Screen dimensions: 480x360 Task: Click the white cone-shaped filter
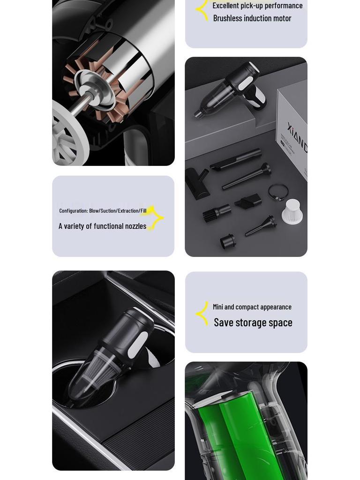click(292, 212)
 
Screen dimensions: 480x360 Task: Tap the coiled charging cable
click(278, 192)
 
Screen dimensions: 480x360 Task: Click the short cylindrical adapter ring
click(228, 241)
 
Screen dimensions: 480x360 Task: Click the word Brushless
click(228, 18)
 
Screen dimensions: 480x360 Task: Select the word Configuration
click(73, 211)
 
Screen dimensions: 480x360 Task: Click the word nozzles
click(135, 226)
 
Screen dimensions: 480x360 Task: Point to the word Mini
click(218, 307)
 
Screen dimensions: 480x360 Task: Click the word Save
click(224, 322)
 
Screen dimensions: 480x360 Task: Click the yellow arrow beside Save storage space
click(202, 314)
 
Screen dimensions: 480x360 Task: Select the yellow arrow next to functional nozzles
click(155, 218)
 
